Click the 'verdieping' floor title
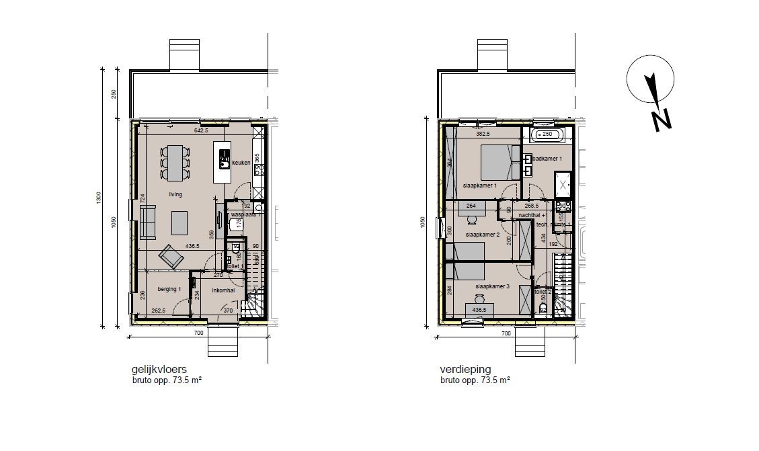pos(465,370)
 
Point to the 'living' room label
pos(175,194)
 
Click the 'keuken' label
pos(241,163)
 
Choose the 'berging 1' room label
pos(169,290)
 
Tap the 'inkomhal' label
pos(223,290)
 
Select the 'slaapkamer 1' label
pos(480,186)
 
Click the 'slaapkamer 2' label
pos(482,235)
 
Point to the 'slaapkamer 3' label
pos(493,287)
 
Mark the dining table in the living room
pos(175,163)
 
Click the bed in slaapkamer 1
pos(499,162)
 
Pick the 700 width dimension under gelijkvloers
pos(198,333)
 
